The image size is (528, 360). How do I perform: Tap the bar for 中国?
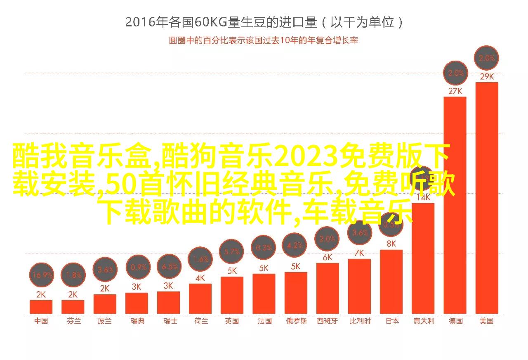(x=41, y=306)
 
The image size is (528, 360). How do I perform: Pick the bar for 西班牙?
(x=328, y=288)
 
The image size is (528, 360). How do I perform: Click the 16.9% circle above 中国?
(x=42, y=275)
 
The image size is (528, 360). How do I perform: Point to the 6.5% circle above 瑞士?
(x=169, y=267)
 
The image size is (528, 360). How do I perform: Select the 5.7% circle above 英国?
(x=232, y=251)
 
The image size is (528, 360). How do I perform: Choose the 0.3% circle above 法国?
(x=264, y=248)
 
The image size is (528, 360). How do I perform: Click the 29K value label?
(x=487, y=76)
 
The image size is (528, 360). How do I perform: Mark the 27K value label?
(x=455, y=91)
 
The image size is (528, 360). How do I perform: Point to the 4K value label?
(x=200, y=278)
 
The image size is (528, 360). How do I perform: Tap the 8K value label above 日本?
(x=391, y=244)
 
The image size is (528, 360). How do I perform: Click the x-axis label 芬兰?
(x=73, y=321)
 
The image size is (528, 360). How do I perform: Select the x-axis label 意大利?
(x=424, y=321)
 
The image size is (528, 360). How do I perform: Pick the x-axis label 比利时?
(x=360, y=321)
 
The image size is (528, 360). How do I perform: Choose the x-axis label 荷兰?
(x=201, y=321)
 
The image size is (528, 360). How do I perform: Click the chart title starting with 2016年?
(x=264, y=22)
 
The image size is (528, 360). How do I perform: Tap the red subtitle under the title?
(x=264, y=40)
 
